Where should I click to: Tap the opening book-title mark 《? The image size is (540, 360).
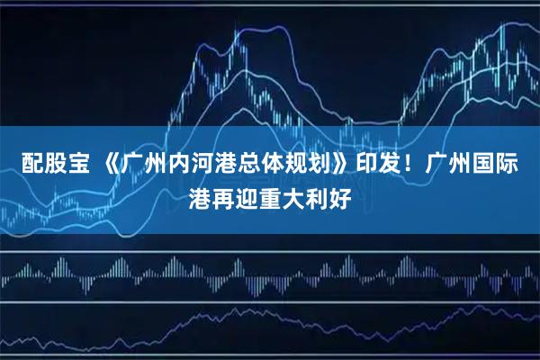point(108,165)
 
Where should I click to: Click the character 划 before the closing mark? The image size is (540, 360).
point(323,165)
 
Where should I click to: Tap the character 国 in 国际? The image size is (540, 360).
point(493,165)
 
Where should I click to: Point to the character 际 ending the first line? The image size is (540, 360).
point(517,165)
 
